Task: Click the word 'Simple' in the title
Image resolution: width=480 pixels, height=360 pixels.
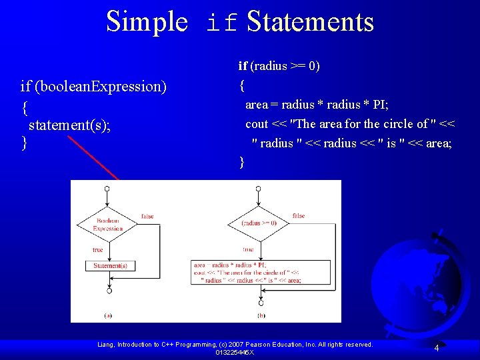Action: point(147,21)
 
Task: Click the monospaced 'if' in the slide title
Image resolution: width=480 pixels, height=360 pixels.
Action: point(222,23)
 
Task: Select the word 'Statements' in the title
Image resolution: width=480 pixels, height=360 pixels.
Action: point(310,21)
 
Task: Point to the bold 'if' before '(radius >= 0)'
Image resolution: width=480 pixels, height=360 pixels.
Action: point(243,65)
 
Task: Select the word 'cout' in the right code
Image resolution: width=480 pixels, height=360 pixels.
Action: point(257,124)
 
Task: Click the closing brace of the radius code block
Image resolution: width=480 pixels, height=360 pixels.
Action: point(242,162)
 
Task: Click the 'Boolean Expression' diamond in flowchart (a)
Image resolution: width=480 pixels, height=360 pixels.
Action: point(107,225)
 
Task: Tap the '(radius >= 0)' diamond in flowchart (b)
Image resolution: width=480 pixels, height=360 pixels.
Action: point(259,223)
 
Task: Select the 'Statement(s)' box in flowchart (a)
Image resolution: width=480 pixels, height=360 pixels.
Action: point(110,265)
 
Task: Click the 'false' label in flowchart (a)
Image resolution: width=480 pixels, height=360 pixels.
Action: point(147,217)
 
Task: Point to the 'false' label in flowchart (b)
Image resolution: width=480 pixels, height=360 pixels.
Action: point(299,216)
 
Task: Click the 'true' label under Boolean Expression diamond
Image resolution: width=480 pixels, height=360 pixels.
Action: point(98,249)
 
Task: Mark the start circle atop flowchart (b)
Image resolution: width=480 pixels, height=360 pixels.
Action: point(259,189)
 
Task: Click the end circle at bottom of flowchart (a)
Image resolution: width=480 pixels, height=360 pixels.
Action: point(109,291)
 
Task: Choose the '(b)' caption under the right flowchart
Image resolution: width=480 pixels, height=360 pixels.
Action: point(260,315)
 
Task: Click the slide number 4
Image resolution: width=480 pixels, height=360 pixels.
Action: point(436,348)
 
